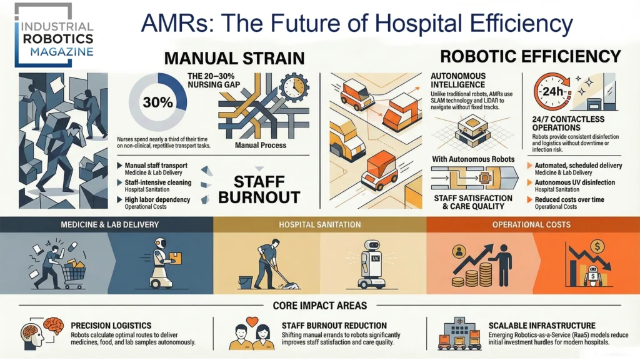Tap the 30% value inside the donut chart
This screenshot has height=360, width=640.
pos(157,102)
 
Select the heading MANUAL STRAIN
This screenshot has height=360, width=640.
pos(234,59)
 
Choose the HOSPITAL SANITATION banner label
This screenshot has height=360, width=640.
pos(319,224)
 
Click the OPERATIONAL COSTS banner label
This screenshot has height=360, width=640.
pos(532,224)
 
